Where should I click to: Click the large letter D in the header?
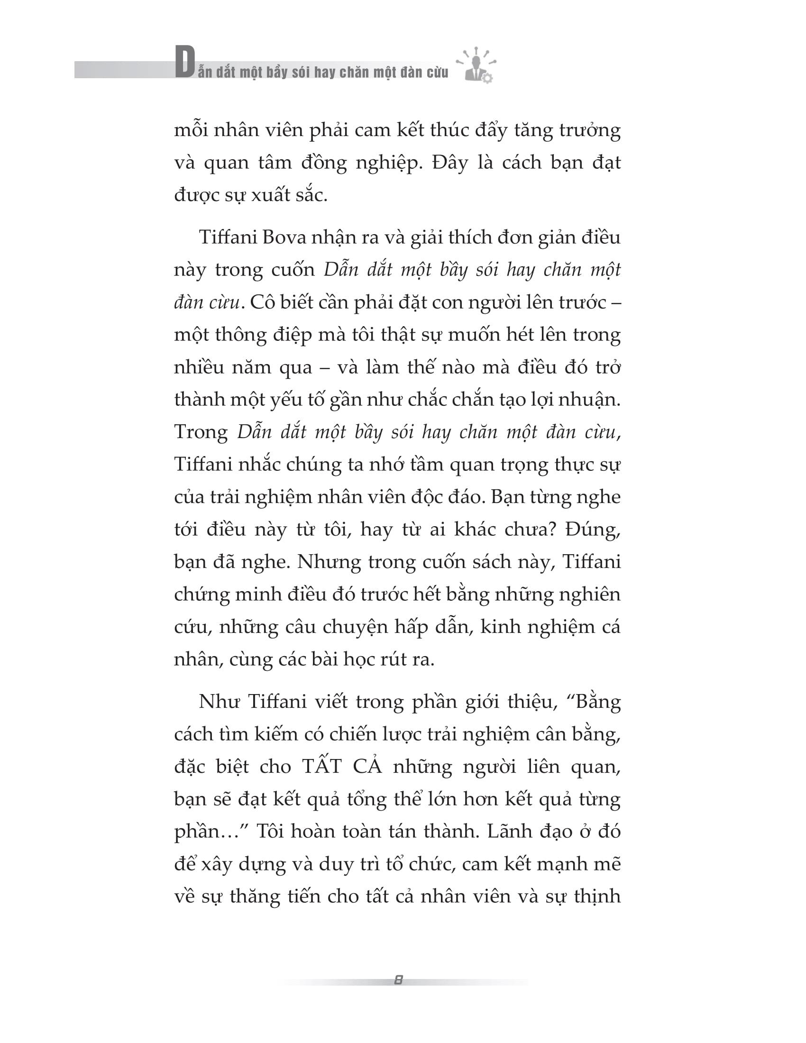(184, 63)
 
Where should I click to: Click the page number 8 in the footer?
(399, 980)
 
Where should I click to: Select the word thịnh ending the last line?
(597, 897)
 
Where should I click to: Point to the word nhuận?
(595, 400)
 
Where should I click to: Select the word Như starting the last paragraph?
(219, 702)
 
